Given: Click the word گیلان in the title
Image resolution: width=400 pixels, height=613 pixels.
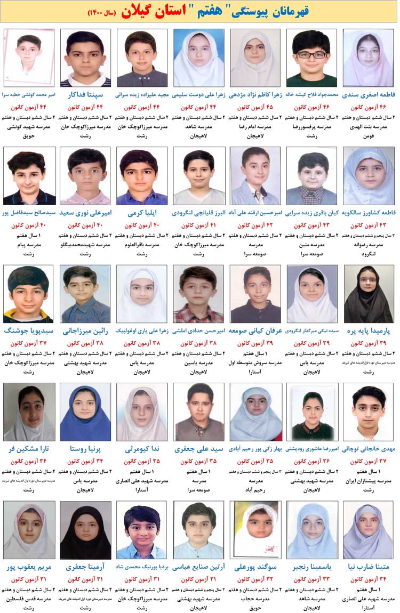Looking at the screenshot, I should pyautogui.click(x=138, y=11).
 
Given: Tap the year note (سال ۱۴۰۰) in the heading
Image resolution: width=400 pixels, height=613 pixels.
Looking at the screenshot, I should pyautogui.click(x=101, y=12).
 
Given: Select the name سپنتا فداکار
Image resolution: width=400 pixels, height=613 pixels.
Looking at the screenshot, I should pyautogui.click(x=85, y=95).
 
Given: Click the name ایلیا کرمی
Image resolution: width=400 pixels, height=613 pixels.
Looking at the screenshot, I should pyautogui.click(x=142, y=213).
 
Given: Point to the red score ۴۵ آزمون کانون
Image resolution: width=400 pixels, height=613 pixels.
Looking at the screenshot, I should pyautogui.click(x=255, y=107).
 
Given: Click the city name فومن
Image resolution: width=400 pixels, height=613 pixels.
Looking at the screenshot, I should pyautogui.click(x=369, y=136).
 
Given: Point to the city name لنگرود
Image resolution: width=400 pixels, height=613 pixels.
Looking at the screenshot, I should pyautogui.click(x=369, y=254).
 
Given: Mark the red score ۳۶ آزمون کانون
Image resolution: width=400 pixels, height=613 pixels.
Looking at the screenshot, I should pyautogui.click(x=312, y=461).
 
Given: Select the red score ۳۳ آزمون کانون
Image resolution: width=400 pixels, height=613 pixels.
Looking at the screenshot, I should pyautogui.click(x=312, y=579).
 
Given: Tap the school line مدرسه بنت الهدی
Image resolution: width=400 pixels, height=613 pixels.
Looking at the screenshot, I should pyautogui.click(x=369, y=126).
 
